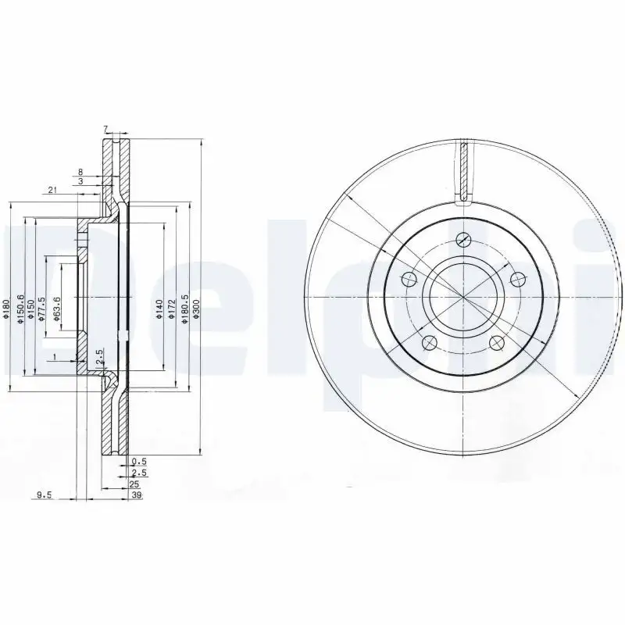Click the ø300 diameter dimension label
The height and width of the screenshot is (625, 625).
tap(196, 309)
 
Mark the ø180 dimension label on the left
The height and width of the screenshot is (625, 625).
tap(6, 310)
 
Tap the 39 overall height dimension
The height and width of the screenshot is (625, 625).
tap(137, 495)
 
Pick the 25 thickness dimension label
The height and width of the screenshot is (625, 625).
tap(134, 484)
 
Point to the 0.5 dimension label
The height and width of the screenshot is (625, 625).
tap(140, 462)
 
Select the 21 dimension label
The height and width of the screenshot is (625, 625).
tap(52, 190)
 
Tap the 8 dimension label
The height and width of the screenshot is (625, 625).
tap(80, 171)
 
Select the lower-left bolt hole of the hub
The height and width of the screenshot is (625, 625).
tap(428, 343)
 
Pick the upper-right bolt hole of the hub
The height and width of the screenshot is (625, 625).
tap(516, 278)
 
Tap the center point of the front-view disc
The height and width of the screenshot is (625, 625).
tap(462, 298)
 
